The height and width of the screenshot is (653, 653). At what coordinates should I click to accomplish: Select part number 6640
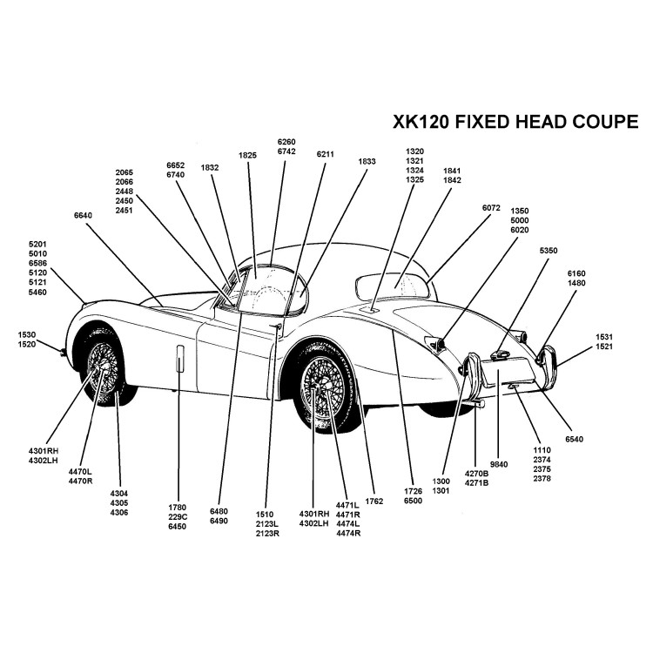click(84, 215)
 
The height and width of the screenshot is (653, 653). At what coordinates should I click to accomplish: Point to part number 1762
click(375, 501)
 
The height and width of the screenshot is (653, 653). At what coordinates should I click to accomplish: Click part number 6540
click(575, 440)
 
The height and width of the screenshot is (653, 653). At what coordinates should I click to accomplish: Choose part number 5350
click(549, 251)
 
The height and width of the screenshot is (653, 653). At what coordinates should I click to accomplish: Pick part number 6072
click(491, 208)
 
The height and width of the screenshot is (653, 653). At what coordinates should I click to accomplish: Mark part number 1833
click(367, 161)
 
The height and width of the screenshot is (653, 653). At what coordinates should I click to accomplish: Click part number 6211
click(326, 154)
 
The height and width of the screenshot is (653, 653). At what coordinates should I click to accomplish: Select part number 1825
click(247, 155)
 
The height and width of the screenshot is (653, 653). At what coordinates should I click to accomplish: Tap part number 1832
click(210, 167)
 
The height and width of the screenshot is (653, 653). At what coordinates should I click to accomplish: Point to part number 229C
click(178, 516)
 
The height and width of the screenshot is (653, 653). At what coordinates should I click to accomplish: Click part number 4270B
click(476, 473)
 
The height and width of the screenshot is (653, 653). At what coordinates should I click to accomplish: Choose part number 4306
click(118, 512)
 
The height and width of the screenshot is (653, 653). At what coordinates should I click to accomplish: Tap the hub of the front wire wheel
click(103, 367)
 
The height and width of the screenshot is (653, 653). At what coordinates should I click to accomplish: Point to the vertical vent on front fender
click(179, 358)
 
